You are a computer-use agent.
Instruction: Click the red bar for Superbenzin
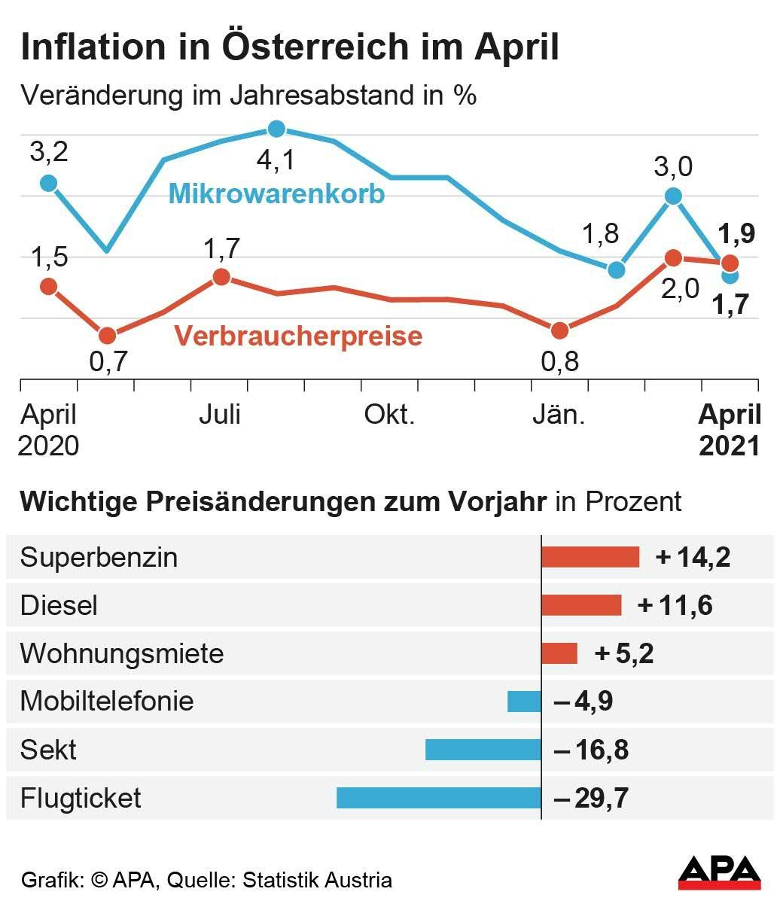[590, 557]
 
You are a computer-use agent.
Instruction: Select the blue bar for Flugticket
[438, 798]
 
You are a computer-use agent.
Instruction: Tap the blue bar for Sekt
[483, 750]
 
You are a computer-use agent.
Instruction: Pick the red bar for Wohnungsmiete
[559, 653]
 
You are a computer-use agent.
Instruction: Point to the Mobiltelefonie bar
[524, 702]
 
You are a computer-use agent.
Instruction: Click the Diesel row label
[59, 605]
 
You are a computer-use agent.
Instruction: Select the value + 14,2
[693, 557]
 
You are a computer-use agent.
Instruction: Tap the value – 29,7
[591, 798]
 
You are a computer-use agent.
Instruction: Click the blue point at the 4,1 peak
[276, 129]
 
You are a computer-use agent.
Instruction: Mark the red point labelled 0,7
[107, 336]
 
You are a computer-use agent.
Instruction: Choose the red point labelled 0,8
[559, 330]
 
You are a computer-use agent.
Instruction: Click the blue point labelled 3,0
[673, 196]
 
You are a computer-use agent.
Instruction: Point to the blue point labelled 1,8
[617, 269]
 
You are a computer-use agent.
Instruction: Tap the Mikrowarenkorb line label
[276, 193]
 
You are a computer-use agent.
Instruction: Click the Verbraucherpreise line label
[298, 336]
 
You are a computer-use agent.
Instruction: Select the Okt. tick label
[389, 415]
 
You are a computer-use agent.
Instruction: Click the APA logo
[719, 873]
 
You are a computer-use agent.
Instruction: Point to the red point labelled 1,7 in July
[221, 277]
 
